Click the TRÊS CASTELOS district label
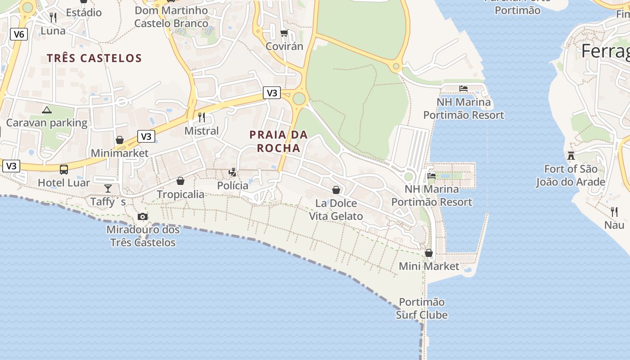click(94, 58)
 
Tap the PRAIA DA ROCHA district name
click(279, 141)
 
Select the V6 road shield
click(19, 34)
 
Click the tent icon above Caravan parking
click(47, 110)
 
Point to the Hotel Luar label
click(63, 183)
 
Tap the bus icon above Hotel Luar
click(64, 170)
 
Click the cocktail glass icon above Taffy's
click(108, 188)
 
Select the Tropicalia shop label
click(180, 194)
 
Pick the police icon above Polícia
click(233, 172)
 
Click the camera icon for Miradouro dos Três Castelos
click(143, 217)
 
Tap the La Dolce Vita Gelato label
click(336, 210)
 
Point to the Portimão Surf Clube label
click(422, 308)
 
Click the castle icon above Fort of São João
click(571, 156)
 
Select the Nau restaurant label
click(614, 225)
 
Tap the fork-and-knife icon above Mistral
click(202, 117)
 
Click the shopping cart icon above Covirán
click(284, 33)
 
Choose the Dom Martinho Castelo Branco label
click(171, 17)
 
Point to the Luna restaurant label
click(53, 31)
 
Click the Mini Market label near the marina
click(429, 266)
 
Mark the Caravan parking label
click(47, 122)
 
